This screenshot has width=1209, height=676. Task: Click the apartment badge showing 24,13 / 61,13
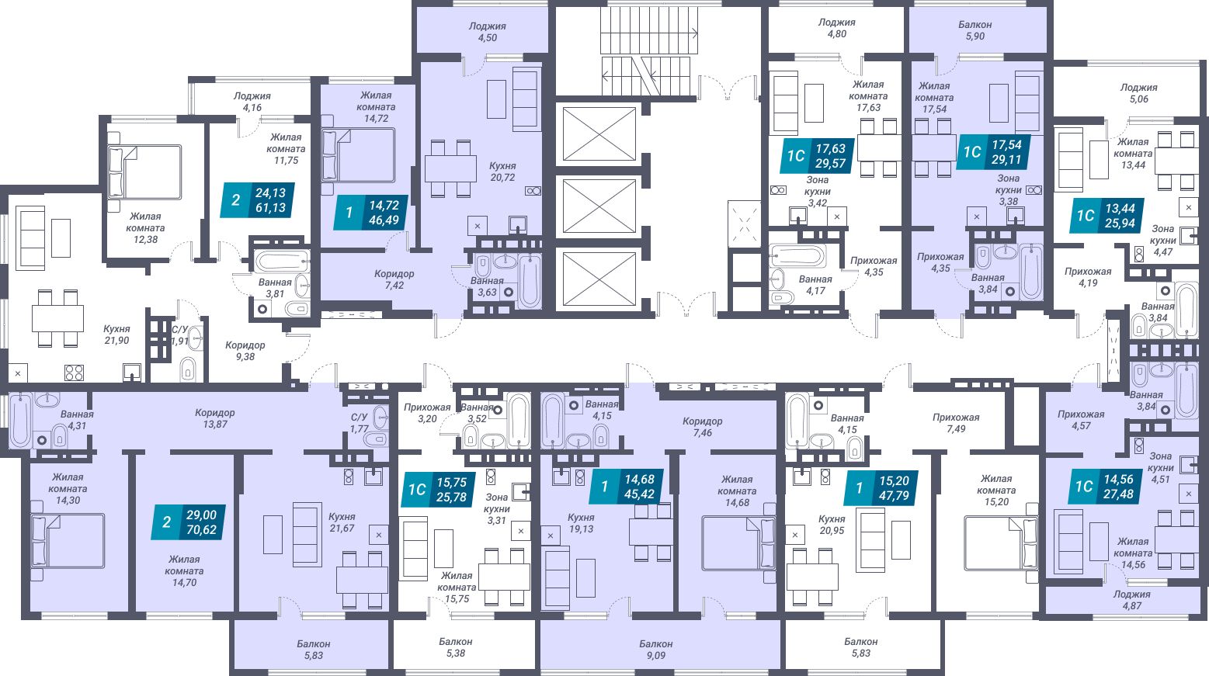tap(258, 200)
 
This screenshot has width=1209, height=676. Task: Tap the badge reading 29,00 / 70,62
tap(189, 522)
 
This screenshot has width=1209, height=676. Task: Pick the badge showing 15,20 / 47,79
tap(881, 488)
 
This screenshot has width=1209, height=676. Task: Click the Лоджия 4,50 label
tap(487, 32)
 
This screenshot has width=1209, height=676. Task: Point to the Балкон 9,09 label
tap(656, 650)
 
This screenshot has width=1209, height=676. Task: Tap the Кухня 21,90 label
tap(116, 335)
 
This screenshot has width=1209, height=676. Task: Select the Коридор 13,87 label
tap(215, 418)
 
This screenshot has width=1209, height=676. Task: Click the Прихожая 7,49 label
tap(956, 423)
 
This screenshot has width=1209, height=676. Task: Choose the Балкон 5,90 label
tap(975, 30)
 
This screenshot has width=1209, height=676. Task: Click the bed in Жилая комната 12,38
tap(144, 172)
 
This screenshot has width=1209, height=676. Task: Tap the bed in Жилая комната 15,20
tap(1001, 543)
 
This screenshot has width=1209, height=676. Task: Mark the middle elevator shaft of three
tap(599, 206)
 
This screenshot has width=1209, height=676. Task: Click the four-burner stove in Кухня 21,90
tap(74, 373)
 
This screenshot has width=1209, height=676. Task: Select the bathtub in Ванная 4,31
tap(20, 421)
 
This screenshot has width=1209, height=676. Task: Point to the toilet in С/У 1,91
tap(189, 369)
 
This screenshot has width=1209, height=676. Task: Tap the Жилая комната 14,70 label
tap(184, 570)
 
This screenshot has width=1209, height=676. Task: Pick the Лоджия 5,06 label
tap(1138, 93)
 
